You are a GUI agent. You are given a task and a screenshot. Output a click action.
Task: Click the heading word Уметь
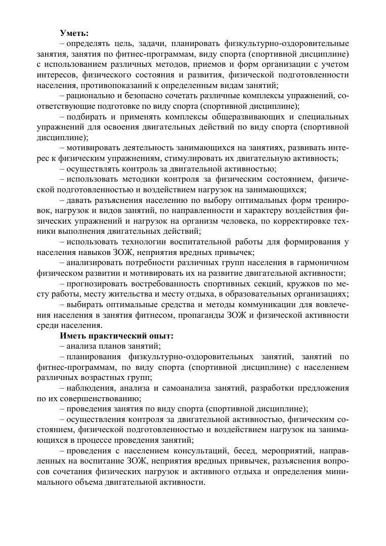click(74, 33)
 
